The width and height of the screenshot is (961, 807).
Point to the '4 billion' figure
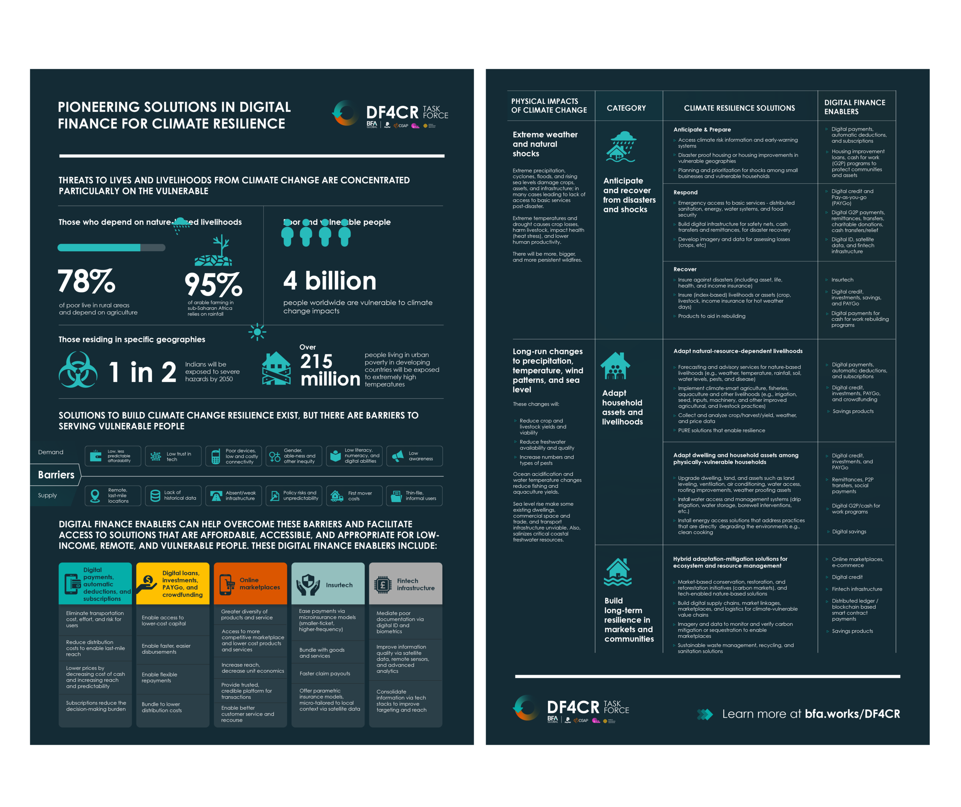330,280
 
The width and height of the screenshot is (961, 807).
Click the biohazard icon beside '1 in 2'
78,370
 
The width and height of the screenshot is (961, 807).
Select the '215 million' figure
330,370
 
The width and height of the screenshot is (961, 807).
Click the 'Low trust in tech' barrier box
173,456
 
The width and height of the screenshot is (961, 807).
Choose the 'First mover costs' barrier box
354,496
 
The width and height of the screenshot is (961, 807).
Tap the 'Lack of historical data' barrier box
173,496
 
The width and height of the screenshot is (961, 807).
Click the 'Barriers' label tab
56,475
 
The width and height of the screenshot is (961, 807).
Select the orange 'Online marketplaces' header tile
250,584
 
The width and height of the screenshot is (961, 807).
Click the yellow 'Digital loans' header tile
172,584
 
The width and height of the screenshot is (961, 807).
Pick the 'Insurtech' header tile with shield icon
328,584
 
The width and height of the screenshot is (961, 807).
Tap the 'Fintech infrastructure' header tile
406,584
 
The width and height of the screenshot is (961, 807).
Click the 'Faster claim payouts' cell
325,673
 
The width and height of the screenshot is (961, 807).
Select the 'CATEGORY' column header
626,108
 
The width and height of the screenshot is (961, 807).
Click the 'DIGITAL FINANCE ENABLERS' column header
854,107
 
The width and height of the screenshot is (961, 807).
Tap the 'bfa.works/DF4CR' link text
852,714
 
